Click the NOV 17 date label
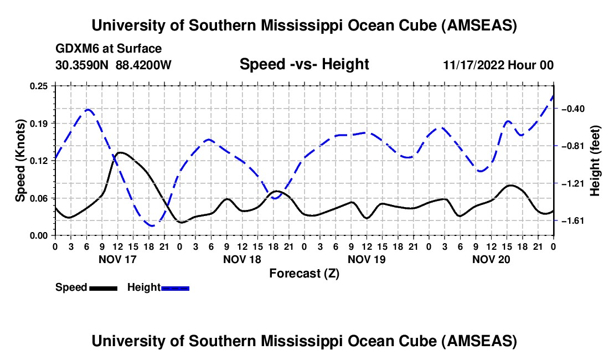(117, 259)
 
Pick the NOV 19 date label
(367, 259)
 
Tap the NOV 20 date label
(491, 259)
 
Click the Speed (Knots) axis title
(20, 161)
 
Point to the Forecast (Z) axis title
(304, 273)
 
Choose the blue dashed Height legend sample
(175, 287)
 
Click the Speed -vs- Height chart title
(304, 64)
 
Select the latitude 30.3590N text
(82, 65)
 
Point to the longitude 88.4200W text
(143, 65)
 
